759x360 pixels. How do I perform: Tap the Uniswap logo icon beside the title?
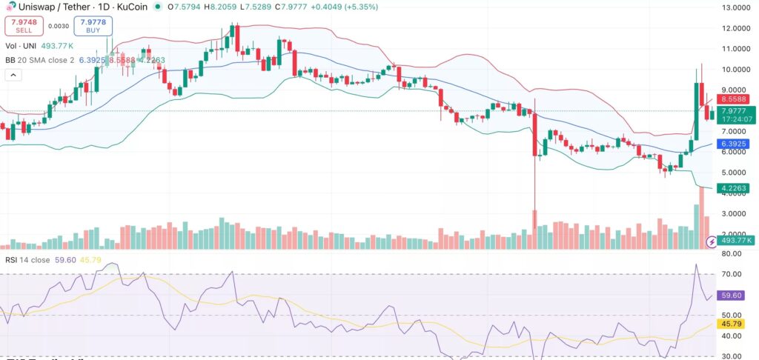9,7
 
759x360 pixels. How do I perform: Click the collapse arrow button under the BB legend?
13,75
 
